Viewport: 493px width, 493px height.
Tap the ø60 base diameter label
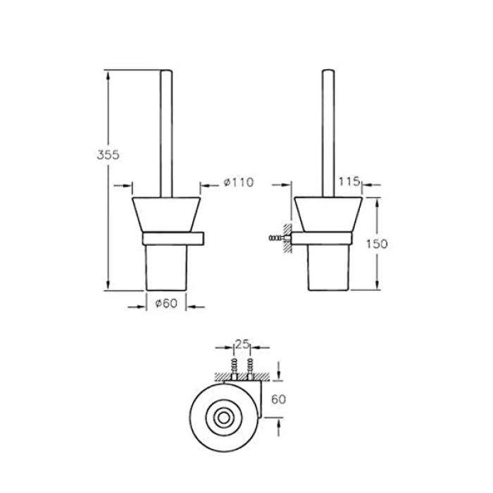(165, 304)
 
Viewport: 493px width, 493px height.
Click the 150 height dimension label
(377, 243)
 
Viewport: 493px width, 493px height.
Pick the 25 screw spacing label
(242, 344)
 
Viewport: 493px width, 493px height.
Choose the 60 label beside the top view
(279, 399)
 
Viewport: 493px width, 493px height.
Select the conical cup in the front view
(166, 213)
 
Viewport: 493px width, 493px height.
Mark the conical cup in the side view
(328, 213)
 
